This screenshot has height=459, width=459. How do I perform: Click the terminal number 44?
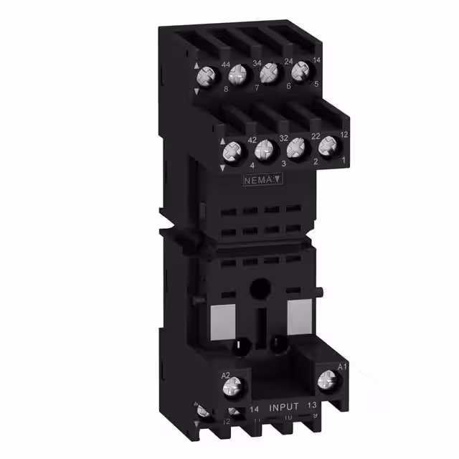pos(225,65)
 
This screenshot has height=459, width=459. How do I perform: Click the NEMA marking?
pos(257,181)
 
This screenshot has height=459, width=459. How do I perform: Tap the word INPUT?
pos(284,407)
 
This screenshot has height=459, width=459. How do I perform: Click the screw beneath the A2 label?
pos(233,389)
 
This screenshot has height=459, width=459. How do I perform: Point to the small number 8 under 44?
pos(225,90)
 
